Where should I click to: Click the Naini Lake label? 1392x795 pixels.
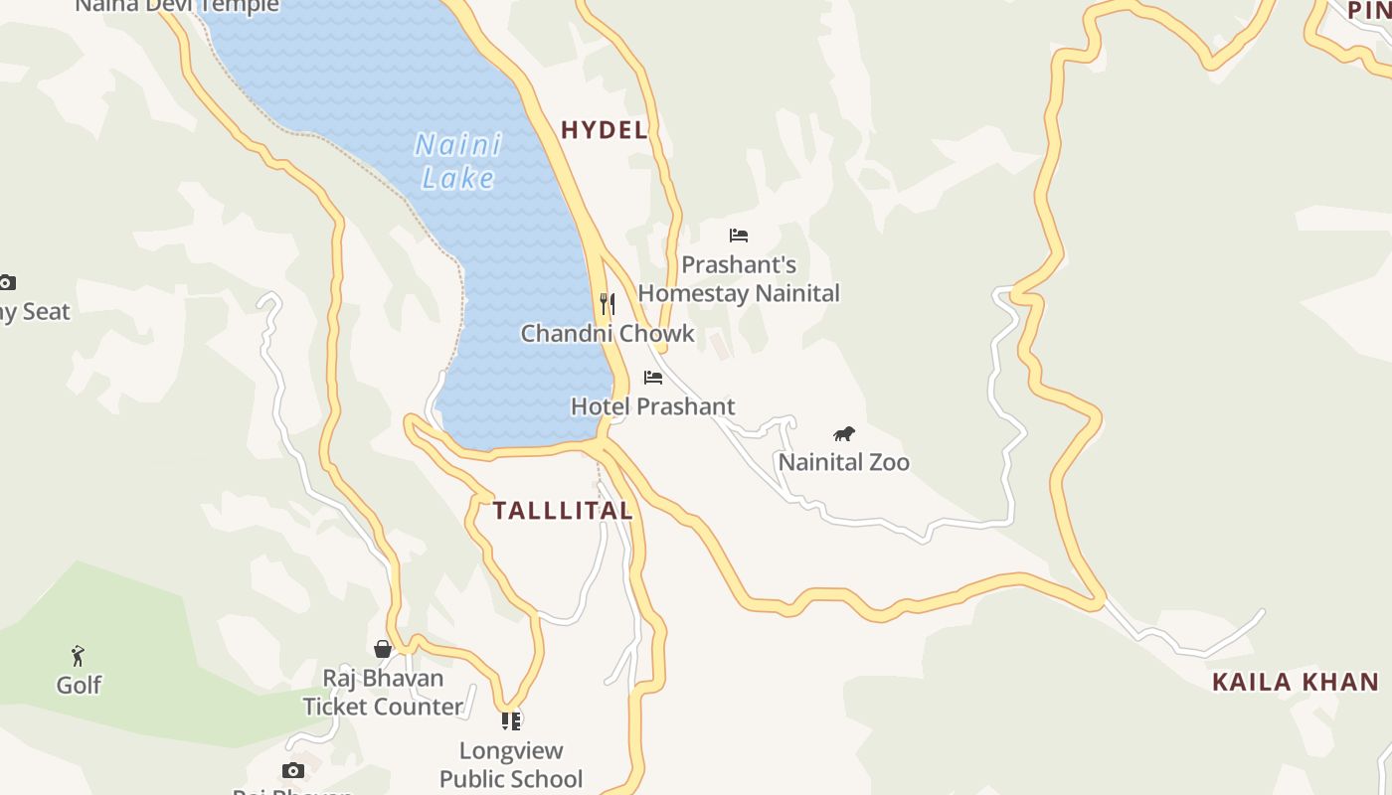coord(458,161)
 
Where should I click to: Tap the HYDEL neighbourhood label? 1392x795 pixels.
coord(605,129)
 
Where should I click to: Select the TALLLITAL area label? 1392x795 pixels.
coord(563,511)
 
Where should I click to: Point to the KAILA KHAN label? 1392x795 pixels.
coord(1296,682)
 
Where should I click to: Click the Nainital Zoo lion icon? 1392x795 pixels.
coord(844,433)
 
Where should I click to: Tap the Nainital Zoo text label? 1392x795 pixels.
coord(843,462)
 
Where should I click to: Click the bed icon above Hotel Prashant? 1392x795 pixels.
coord(653,378)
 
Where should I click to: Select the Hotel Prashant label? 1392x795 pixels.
coord(652,406)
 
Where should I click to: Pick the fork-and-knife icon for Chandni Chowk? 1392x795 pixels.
coord(608,304)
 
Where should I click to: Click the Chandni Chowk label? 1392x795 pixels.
coord(608,333)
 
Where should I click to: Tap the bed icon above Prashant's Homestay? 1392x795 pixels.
coord(739,236)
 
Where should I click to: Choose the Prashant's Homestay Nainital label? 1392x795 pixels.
coord(739,279)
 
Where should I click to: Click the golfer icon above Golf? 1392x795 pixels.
coord(79,656)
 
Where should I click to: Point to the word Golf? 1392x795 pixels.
coord(79,685)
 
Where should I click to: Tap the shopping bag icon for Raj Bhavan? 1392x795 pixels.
coord(383,649)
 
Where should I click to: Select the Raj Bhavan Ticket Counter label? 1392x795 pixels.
coord(383,693)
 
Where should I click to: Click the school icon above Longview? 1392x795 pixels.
coord(511,720)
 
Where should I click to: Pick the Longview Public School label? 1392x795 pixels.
coord(511,764)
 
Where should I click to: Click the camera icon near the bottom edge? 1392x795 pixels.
coord(292,770)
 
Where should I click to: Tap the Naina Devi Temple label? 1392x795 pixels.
coord(177,6)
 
